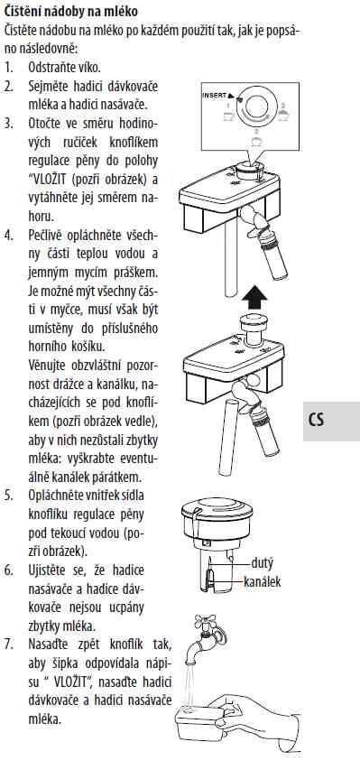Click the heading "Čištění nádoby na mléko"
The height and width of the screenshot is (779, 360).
(71, 10)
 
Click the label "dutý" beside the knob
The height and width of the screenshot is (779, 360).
(263, 563)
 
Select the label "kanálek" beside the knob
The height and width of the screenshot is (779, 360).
(263, 581)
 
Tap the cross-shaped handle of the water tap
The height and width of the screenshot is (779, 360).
(206, 620)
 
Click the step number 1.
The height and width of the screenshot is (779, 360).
(8, 67)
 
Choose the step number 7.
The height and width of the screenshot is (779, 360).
(8, 645)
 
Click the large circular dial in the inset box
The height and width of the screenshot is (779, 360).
(255, 110)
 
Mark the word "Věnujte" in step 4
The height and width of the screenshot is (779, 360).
(47, 366)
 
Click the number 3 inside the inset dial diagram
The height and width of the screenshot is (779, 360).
(256, 132)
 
